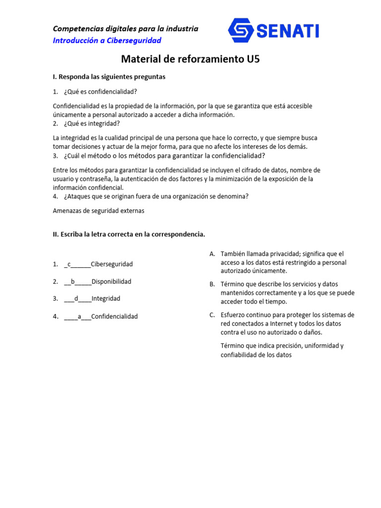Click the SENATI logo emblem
pyautogui.click(x=242, y=31)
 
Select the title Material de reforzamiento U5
pyautogui.click(x=190, y=60)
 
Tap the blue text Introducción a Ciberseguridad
pyautogui.click(x=107, y=41)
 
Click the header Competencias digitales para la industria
pyautogui.click(x=126, y=29)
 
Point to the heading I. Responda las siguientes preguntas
pyautogui.click(x=109, y=77)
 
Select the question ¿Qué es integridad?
pyautogui.click(x=92, y=124)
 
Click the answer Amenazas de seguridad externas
pyautogui.click(x=99, y=210)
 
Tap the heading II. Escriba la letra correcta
pyautogui.click(x=129, y=234)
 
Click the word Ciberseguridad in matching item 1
pyautogui.click(x=112, y=264)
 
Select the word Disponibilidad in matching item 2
pyautogui.click(x=112, y=282)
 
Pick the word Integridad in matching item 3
pyautogui.click(x=106, y=299)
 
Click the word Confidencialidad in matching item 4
pyautogui.click(x=115, y=317)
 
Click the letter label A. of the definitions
pyautogui.click(x=212, y=254)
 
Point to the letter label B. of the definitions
pyautogui.click(x=212, y=284)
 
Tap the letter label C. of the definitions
pyautogui.click(x=212, y=315)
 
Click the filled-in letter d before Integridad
pyautogui.click(x=76, y=299)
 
